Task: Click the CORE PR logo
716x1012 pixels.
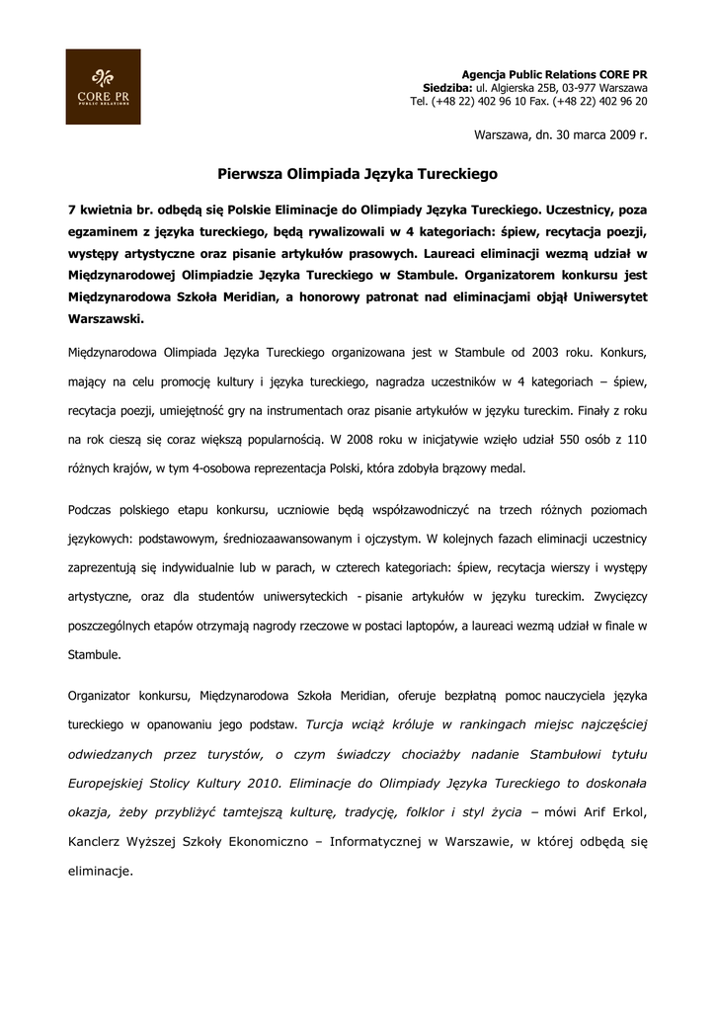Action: coord(103,87)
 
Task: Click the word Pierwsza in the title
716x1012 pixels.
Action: coord(249,173)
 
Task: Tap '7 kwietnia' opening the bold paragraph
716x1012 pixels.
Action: coord(104,211)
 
